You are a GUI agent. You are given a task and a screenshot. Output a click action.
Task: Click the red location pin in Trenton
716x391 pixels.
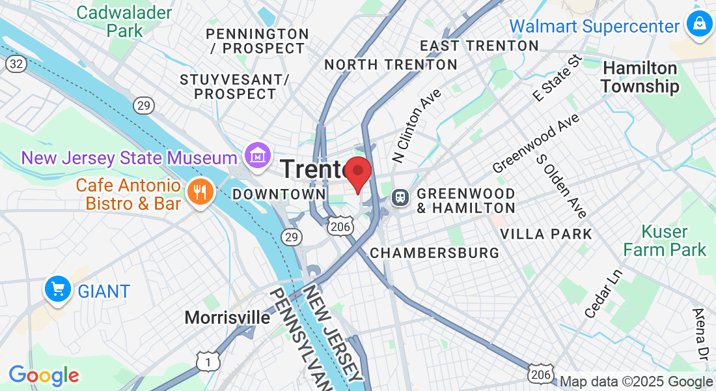[357, 173]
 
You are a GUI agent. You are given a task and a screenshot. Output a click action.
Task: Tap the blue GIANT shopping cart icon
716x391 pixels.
[58, 289]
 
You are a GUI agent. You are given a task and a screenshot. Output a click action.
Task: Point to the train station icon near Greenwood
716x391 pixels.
[399, 195]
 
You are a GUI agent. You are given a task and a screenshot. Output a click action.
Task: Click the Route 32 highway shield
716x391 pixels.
[16, 64]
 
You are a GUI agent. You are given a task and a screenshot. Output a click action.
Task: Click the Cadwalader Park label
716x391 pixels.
[124, 22]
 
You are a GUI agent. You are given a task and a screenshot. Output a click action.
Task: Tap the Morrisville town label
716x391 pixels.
[227, 317]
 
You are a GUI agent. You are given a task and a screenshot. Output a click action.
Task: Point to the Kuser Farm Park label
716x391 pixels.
[665, 240]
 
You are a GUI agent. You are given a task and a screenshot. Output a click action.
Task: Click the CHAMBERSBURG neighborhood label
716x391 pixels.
[434, 253]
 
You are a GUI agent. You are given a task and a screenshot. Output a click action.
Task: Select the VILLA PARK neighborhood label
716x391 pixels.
[546, 234]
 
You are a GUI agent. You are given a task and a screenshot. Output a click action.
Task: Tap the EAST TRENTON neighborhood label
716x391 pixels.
[479, 46]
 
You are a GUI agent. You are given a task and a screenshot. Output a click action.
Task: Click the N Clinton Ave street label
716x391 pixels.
[417, 125]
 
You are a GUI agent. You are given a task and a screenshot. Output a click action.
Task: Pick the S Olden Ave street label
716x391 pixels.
[562, 186]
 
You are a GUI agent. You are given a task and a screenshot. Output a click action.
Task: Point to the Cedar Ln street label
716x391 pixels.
[603, 294]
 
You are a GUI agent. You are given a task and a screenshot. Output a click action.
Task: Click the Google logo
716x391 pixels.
[44, 375]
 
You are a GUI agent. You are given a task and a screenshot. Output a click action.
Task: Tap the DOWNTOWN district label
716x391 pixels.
[279, 194]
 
